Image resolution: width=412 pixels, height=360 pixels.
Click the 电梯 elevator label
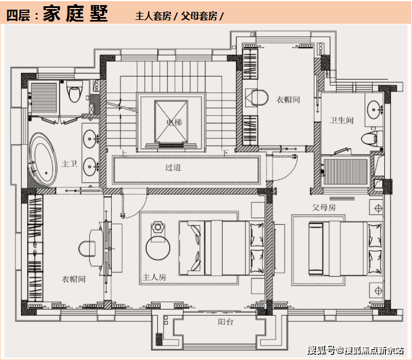point(174,122)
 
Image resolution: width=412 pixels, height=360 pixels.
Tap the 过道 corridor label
point(173,168)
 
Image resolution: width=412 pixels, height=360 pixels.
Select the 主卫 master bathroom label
point(69,164)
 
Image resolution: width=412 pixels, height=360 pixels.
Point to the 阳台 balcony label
point(225,322)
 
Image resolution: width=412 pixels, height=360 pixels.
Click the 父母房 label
point(323,207)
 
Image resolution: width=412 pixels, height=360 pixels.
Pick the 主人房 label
point(154,277)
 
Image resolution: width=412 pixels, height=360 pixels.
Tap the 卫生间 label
point(342,120)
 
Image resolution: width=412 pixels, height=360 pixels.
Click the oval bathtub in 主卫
point(43,160)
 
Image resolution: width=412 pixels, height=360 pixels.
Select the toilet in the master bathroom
point(74,91)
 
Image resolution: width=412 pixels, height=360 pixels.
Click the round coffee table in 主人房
point(158,248)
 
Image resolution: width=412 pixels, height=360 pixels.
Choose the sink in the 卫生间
point(373,110)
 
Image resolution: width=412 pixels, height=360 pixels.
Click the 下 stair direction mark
point(225,153)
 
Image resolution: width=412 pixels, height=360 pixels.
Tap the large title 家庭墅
point(75,14)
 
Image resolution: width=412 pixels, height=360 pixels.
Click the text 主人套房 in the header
point(153,16)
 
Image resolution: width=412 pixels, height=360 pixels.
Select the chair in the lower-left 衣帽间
point(87,248)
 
